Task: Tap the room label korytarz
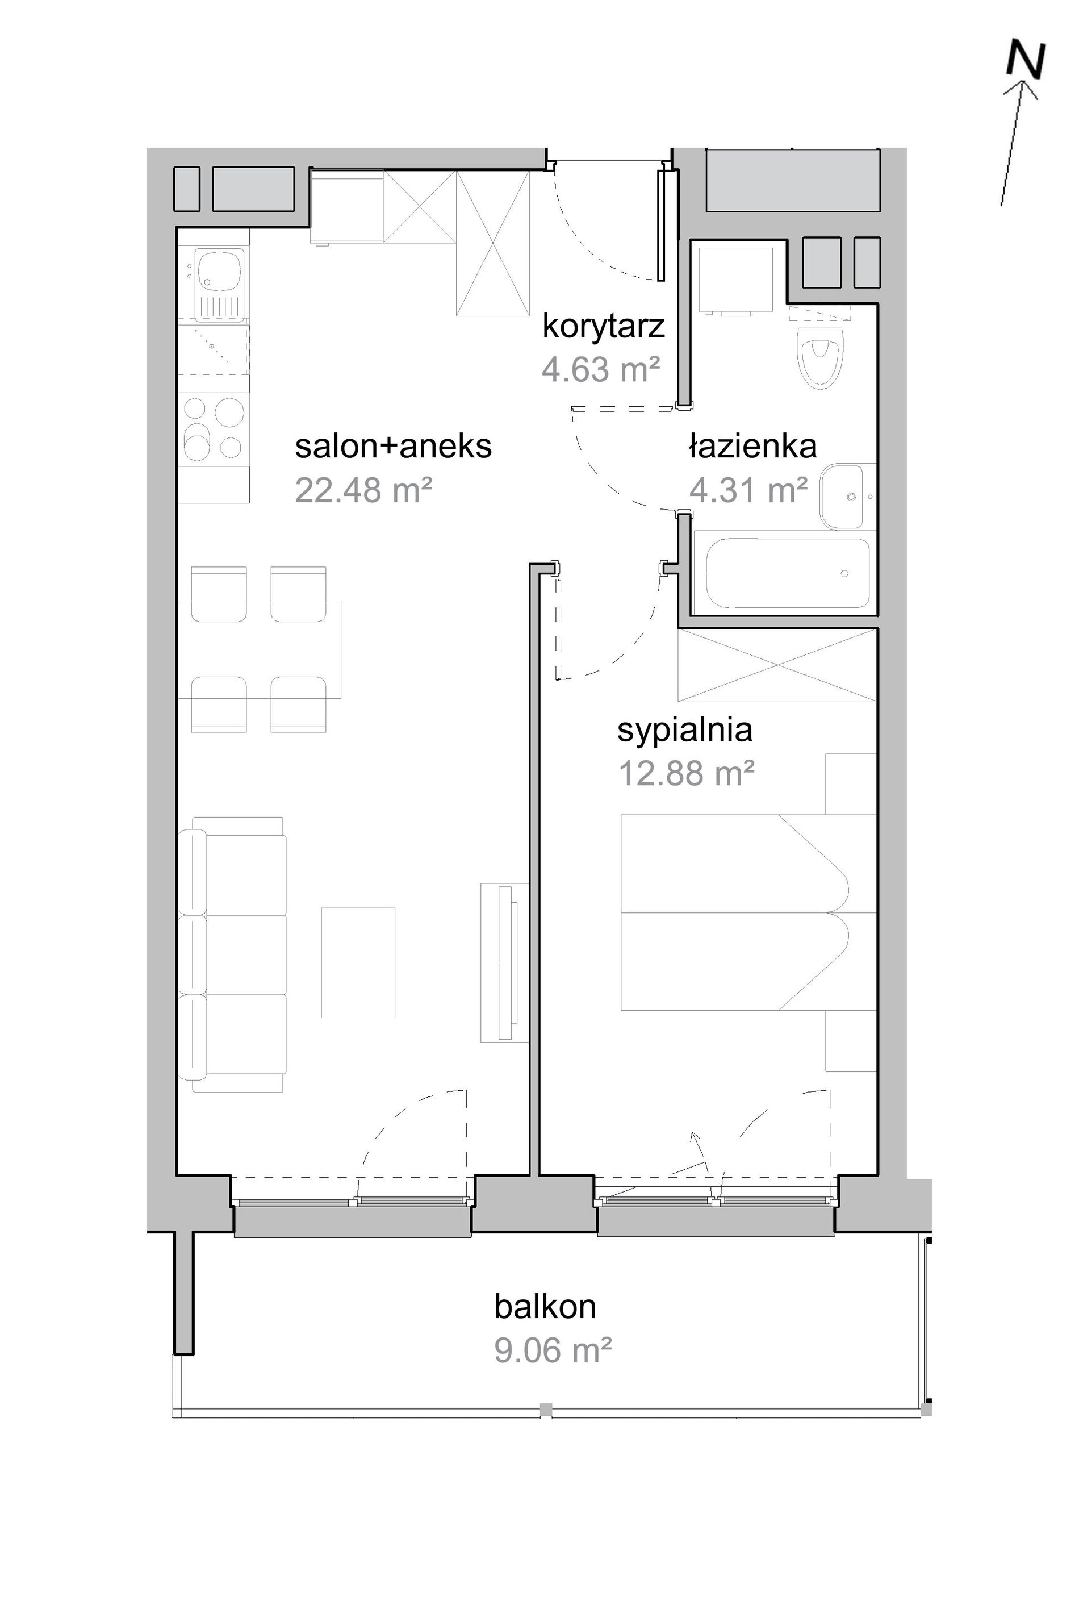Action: tap(604, 326)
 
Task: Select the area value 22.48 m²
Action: tap(363, 490)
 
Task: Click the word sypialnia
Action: tap(685, 730)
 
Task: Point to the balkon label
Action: tap(545, 1306)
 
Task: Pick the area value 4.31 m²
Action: tap(748, 490)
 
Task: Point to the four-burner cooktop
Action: tap(214, 430)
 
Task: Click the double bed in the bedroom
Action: tap(748, 912)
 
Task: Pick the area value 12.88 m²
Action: tap(687, 773)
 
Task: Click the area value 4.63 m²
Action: tap(601, 370)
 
